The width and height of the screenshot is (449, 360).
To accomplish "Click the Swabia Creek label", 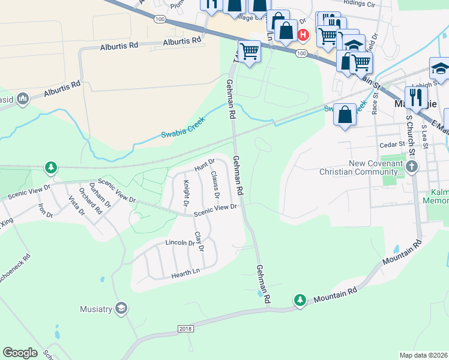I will click(183, 127).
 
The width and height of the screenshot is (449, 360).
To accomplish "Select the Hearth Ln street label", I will click(185, 272).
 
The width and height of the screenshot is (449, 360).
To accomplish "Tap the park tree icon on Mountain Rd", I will click(300, 299).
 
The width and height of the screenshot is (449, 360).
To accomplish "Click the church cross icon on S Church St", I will click(412, 166).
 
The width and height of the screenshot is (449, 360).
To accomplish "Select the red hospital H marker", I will click(303, 35).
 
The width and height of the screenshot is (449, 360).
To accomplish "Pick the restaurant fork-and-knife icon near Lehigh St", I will click(416, 97).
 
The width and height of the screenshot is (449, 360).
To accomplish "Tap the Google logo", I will click(20, 353).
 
